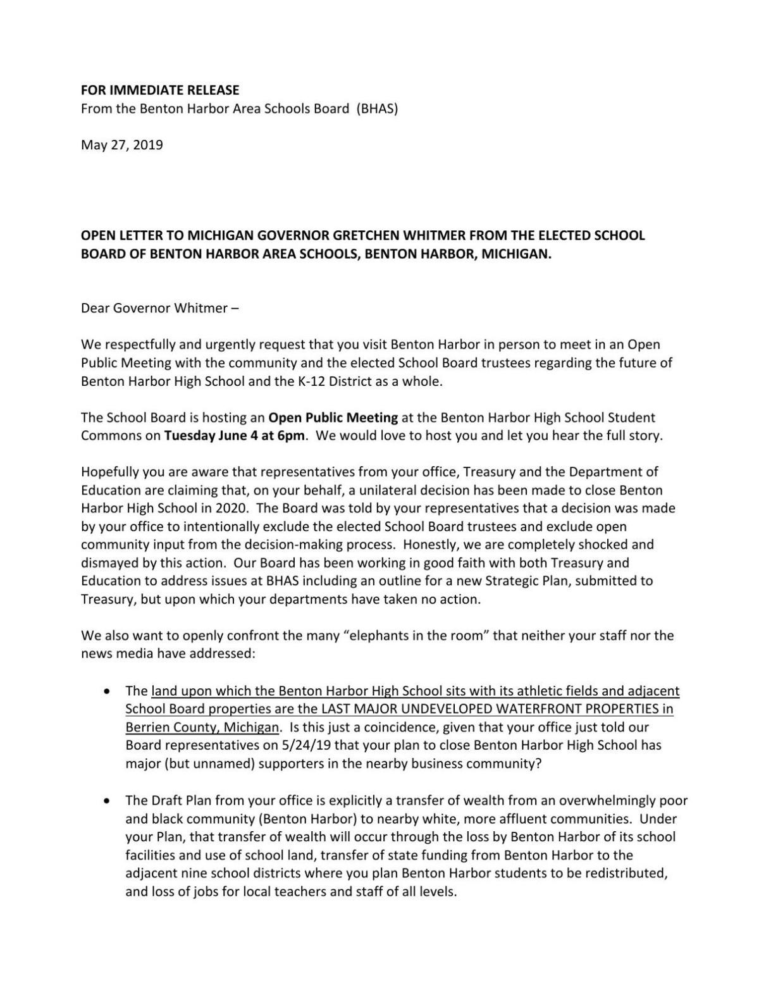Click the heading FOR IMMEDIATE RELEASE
tap(160, 90)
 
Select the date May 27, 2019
tap(121, 145)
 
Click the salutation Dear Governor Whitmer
tap(154, 308)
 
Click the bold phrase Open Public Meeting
tap(333, 417)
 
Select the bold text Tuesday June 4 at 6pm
tap(235, 436)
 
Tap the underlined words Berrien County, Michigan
tap(202, 727)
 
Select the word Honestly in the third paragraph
tap(429, 545)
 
